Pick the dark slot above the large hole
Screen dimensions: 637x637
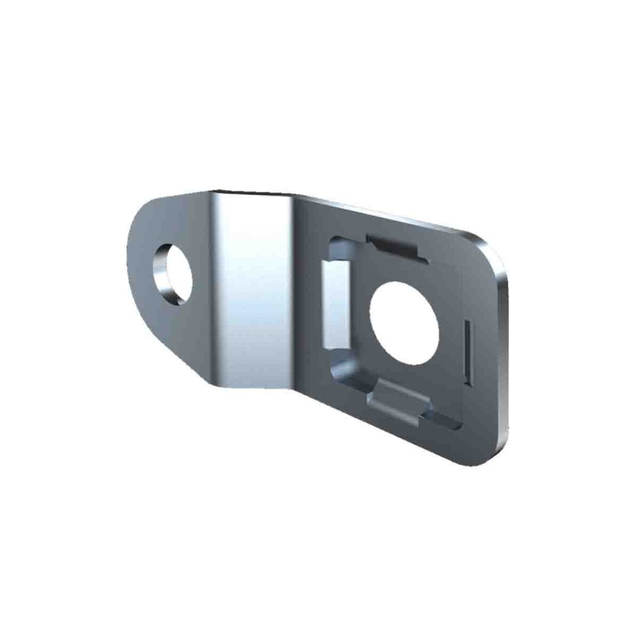pos(394,243)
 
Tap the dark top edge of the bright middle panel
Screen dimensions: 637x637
pos(253,193)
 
